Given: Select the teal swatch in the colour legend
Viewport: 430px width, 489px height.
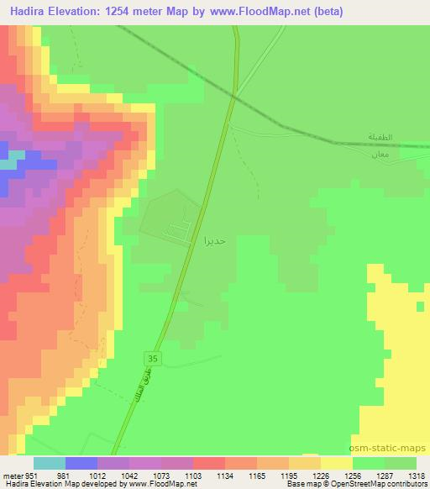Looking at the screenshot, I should [49, 464].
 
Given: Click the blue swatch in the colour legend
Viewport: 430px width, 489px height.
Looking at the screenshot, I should [81, 464].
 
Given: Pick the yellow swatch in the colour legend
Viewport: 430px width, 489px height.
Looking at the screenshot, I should [336, 464].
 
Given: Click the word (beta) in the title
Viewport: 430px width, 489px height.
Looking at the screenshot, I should [329, 12].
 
